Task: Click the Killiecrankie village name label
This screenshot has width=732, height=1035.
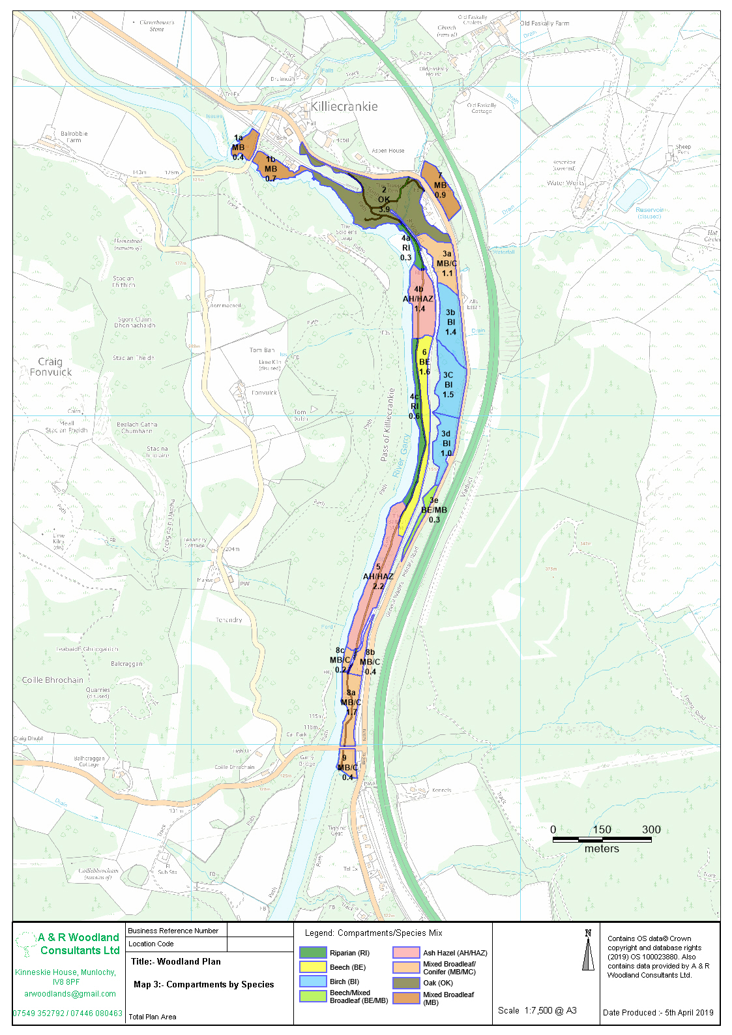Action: [344, 106]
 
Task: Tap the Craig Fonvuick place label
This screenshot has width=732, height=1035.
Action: [50, 367]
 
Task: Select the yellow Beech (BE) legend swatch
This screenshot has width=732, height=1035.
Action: [313, 967]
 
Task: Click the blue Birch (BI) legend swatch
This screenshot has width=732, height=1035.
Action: [313, 981]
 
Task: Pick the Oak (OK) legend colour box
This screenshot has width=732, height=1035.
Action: [406, 982]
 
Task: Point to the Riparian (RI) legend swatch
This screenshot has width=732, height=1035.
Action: [313, 952]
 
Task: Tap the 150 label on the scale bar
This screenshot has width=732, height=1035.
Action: [602, 830]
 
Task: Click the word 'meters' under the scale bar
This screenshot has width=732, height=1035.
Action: [602, 848]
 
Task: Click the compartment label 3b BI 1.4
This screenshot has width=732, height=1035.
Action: [450, 322]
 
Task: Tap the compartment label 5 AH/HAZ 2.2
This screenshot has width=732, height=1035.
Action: [378, 577]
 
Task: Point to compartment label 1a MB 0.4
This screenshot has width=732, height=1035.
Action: [238, 147]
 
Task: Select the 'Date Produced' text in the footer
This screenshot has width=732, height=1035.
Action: [658, 1012]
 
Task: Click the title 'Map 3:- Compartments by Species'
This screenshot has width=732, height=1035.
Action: [203, 984]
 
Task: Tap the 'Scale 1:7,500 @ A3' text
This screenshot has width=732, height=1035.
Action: [537, 1010]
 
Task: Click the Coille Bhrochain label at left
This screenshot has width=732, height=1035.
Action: [53, 680]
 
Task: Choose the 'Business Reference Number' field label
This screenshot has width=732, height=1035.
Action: [173, 931]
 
